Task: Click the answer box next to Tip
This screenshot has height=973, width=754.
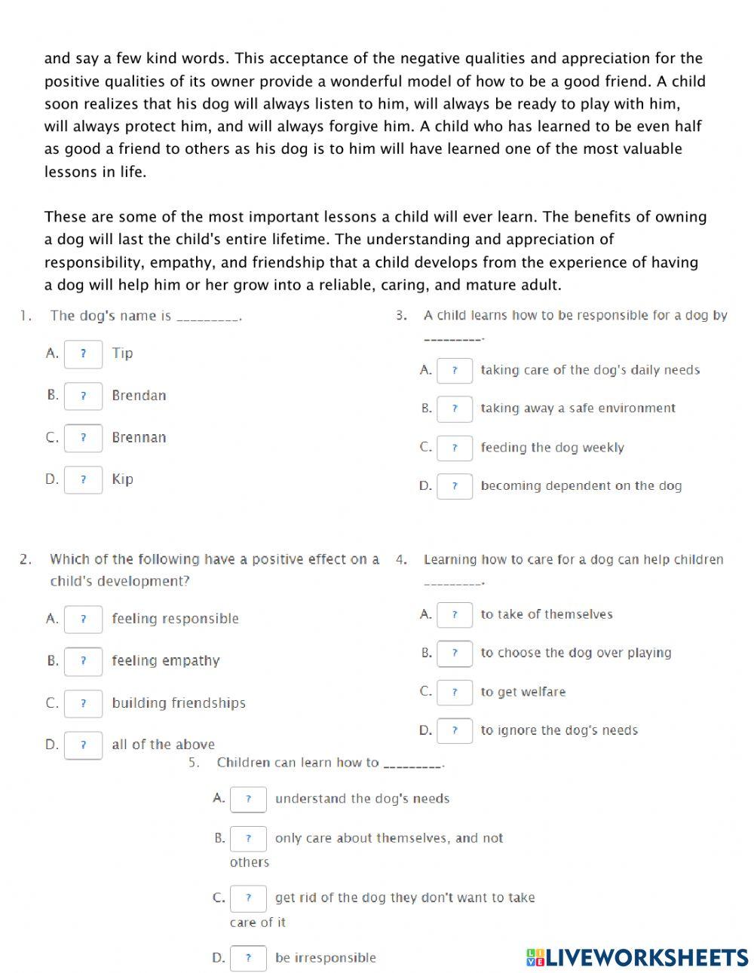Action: tap(83, 353)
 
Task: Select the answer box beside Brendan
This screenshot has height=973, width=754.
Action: tap(83, 396)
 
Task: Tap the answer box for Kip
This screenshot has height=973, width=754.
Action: tap(83, 479)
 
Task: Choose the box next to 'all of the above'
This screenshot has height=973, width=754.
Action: tap(83, 745)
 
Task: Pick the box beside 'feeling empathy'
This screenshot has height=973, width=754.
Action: tap(83, 661)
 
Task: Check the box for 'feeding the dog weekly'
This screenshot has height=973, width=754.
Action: tap(455, 448)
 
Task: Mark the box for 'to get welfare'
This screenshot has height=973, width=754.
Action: tap(455, 692)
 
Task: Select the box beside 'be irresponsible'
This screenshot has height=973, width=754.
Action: tap(248, 958)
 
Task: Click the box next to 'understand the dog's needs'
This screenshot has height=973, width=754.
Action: tap(248, 799)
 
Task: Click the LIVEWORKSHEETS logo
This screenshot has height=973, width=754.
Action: tap(637, 957)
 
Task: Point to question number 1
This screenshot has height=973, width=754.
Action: tap(25, 316)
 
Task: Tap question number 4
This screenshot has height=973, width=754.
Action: tap(401, 559)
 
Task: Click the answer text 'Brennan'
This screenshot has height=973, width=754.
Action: tap(139, 437)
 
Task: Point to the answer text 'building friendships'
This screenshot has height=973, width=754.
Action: tap(179, 702)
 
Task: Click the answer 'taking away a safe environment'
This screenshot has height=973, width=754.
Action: tap(578, 408)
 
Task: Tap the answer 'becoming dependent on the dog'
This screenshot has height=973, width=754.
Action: tap(581, 486)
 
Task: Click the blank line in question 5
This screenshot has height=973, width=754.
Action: tap(413, 764)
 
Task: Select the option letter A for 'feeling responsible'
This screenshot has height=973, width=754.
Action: tap(52, 619)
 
